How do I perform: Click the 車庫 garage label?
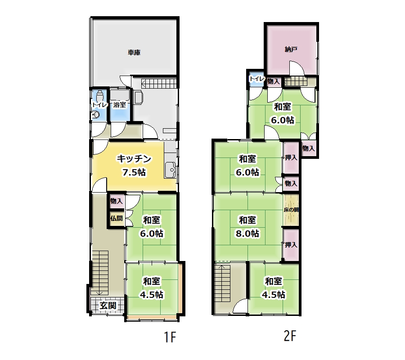tap(134, 52)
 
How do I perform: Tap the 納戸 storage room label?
tap(291, 49)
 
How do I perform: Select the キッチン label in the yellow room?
tap(134, 158)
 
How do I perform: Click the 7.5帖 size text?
tap(134, 172)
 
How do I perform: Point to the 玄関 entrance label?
tap(108, 306)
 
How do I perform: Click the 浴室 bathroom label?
tap(120, 104)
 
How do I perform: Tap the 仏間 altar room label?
tap(116, 218)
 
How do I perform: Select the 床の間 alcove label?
tap(291, 210)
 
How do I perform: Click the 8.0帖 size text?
tap(247, 234)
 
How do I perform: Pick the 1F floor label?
tap(170, 337)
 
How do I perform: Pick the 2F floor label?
tap(290, 336)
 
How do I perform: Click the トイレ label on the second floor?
tap(257, 79)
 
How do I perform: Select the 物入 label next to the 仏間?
tap(116, 201)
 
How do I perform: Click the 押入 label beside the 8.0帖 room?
tap(291, 244)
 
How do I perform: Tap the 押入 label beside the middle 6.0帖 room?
tap(291, 157)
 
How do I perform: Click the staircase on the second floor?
tap(222, 283)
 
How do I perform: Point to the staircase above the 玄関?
tap(100, 273)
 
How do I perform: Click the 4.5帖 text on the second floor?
tap(274, 294)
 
